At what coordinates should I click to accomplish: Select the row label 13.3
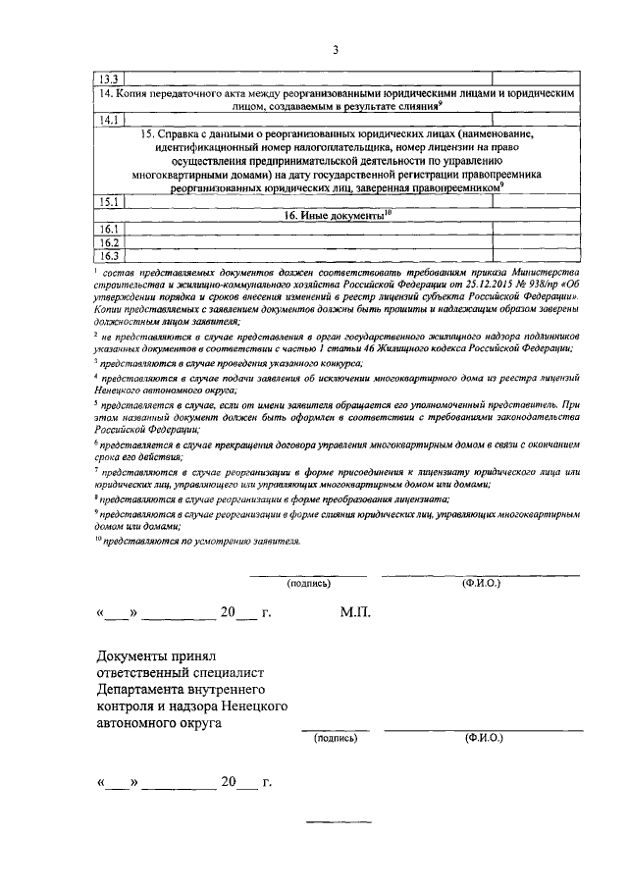coord(103,78)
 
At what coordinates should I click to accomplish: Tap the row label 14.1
coord(103,120)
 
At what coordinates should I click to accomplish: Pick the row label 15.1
coord(103,202)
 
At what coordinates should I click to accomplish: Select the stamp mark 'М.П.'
coord(355,612)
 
